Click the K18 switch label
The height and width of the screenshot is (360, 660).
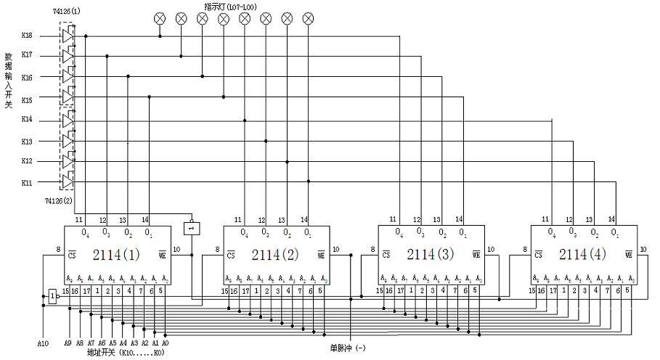click(x=27, y=35)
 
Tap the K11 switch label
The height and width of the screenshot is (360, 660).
click(x=27, y=182)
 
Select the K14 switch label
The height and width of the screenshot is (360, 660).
click(x=27, y=119)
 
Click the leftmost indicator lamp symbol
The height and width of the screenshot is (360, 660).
click(x=160, y=17)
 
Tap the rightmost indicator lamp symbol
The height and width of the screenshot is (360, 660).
click(x=308, y=17)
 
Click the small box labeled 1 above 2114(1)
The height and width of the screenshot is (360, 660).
click(x=192, y=228)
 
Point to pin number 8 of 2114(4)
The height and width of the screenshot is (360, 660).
click(x=524, y=250)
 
